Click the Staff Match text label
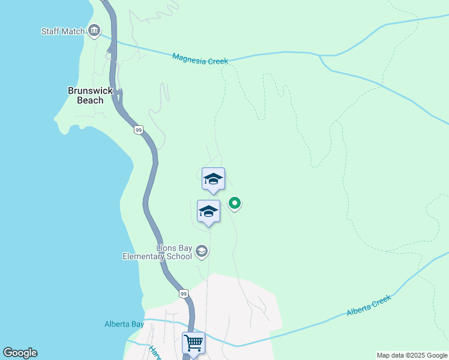(62, 31)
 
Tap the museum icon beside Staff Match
(94, 31)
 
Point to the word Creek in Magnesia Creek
(219, 59)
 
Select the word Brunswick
(90, 91)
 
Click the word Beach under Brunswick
(90, 100)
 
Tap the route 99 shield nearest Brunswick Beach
(139, 130)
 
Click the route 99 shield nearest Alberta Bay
(183, 293)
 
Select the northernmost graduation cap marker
(213, 179)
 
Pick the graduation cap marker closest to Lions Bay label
(208, 211)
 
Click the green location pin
(235, 203)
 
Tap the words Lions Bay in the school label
(174, 247)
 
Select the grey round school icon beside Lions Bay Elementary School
(202, 251)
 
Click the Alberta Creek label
(369, 305)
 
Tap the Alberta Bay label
(124, 324)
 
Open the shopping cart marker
(193, 343)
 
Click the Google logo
(20, 353)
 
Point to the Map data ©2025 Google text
(411, 355)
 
